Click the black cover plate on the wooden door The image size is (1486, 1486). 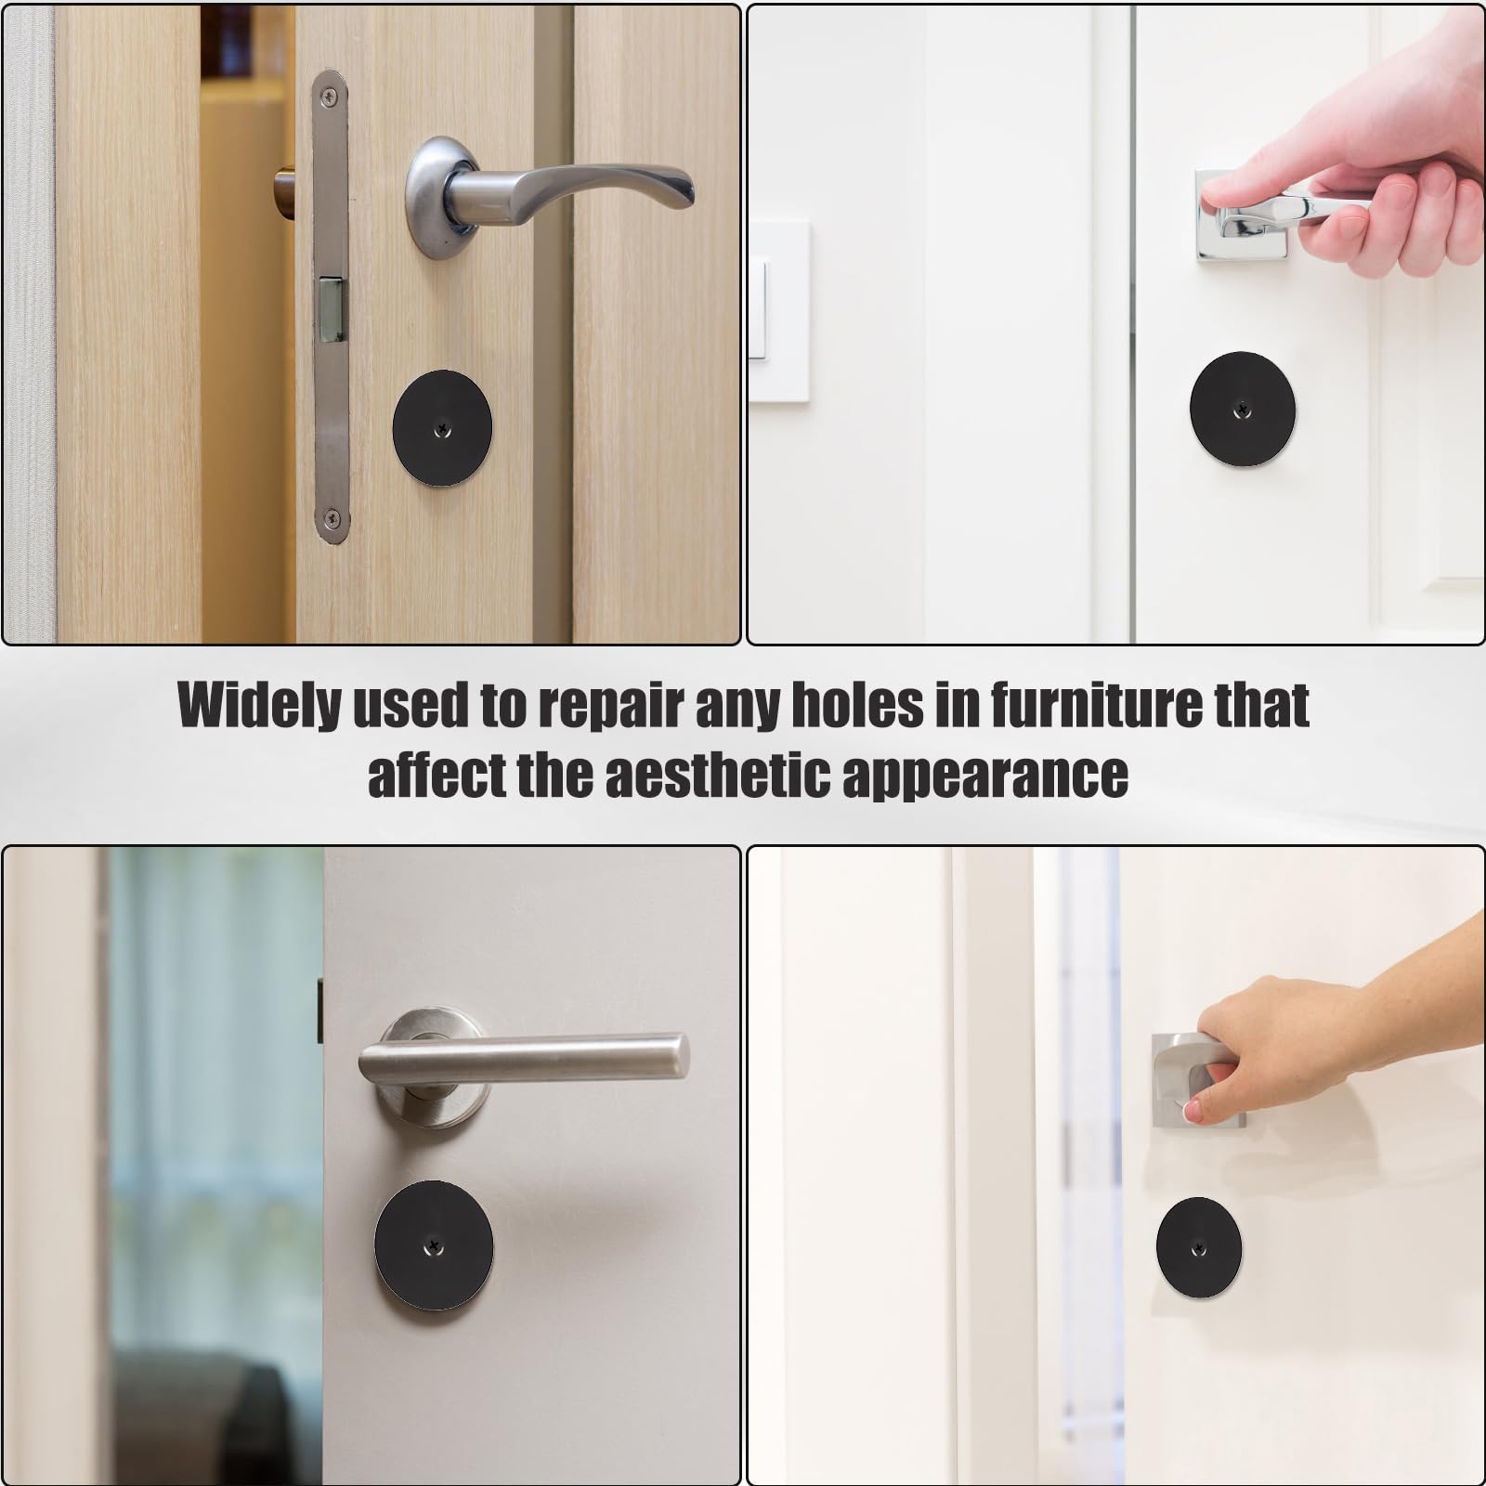point(442,428)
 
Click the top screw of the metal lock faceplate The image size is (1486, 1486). point(330,91)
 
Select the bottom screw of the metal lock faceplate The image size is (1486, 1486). point(331,519)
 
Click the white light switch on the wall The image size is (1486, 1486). point(777,311)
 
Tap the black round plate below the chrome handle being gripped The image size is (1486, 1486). point(1243,409)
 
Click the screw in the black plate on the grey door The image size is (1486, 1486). point(434,1243)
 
